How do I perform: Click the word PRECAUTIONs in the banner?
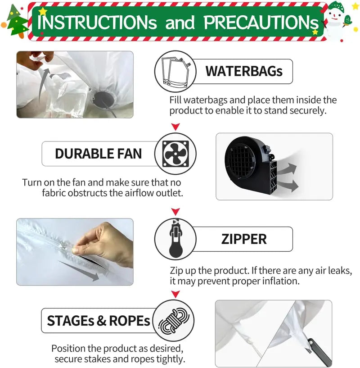261,23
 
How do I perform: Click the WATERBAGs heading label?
244,71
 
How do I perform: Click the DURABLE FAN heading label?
99,154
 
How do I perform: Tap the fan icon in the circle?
175,154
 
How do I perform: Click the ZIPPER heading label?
244,239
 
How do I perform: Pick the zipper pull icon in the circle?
175,238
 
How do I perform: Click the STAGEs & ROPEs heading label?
99,321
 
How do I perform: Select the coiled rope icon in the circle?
174,320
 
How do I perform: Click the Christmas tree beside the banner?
16,21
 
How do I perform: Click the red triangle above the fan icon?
175,127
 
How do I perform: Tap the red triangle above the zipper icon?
175,211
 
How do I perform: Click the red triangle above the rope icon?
175,294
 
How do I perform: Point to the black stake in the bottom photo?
319,351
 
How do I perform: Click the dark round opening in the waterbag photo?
104,99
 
